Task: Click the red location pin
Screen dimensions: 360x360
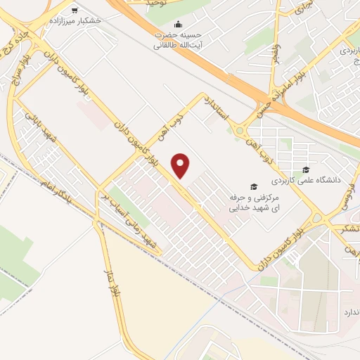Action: [x=182, y=165]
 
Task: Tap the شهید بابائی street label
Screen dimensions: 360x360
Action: [x=41, y=125]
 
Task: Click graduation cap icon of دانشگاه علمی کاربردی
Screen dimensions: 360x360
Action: [x=305, y=169]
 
